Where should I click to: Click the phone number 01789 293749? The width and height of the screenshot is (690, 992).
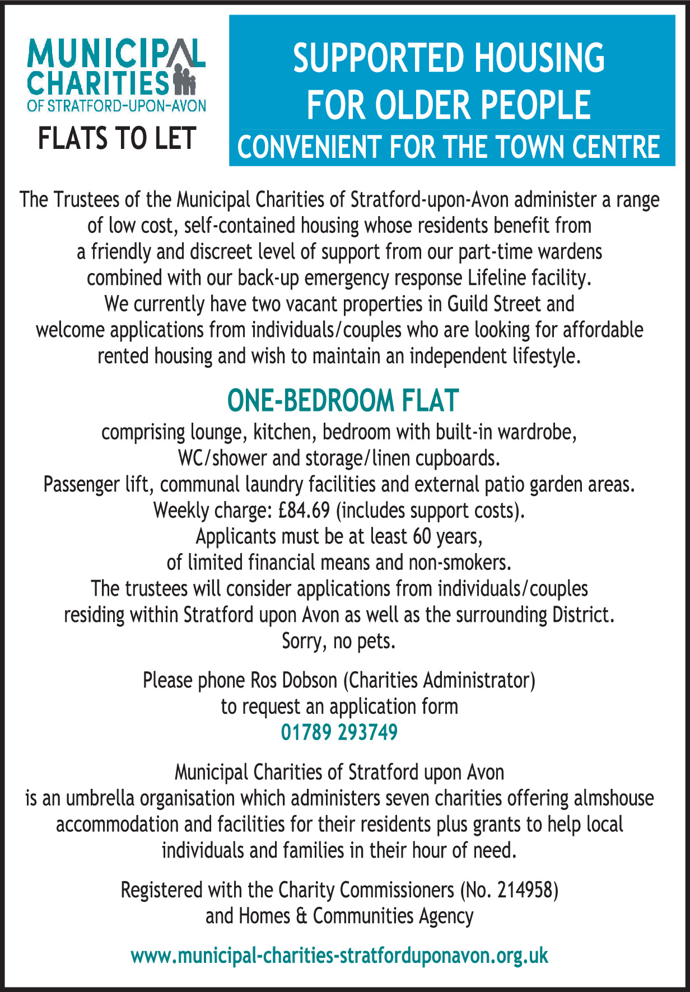pos(339,732)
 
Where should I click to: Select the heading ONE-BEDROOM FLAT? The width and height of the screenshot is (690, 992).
pos(343,401)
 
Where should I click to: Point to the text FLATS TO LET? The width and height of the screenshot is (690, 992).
pos(116,138)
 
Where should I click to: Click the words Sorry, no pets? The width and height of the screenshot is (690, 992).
pos(339,641)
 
